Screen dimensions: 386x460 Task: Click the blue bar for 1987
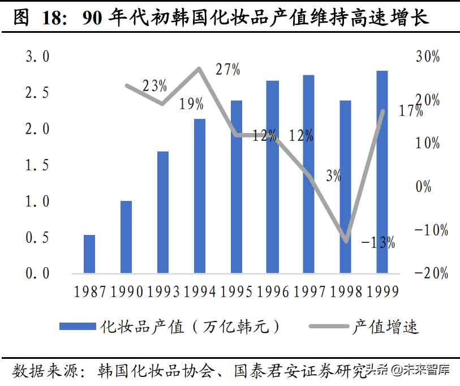(89, 254)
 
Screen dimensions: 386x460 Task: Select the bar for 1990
(126, 237)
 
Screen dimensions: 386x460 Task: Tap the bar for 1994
(199, 195)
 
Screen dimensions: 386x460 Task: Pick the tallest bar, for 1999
(382, 171)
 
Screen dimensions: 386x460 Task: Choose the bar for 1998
(345, 187)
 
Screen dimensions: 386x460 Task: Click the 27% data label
(228, 70)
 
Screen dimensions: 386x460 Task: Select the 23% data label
(154, 86)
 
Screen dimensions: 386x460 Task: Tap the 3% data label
(333, 176)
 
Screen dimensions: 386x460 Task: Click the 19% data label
(191, 104)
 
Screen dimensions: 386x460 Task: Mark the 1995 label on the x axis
(236, 291)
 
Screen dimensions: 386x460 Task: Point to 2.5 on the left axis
(38, 93)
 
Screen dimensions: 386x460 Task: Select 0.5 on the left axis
(38, 238)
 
